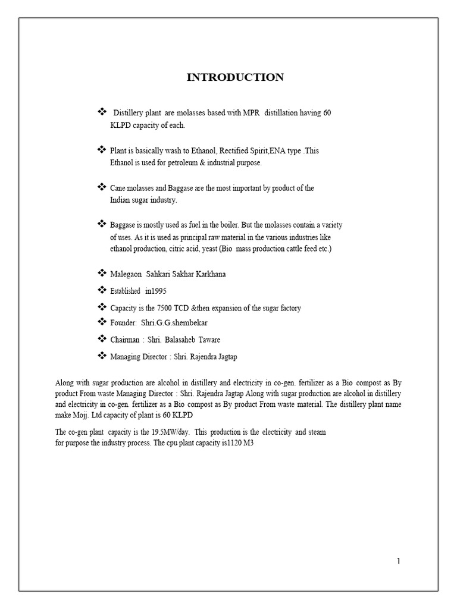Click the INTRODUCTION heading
coord(235,77)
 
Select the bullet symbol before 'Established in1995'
coord(101,290)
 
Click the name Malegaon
coord(126,274)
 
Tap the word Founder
coord(123,322)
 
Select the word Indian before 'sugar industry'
coord(121,200)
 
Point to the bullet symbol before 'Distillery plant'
coord(101,112)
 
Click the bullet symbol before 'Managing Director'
coord(101,356)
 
